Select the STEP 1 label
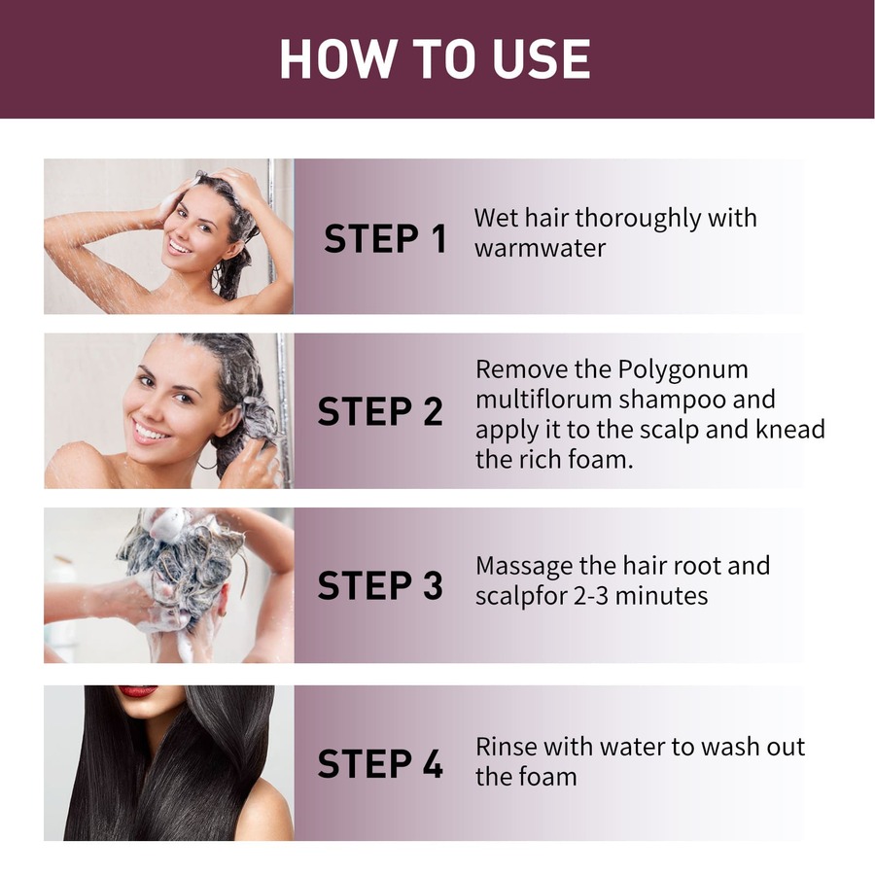tap(385, 238)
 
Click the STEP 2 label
tap(380, 411)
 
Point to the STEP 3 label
tap(380, 585)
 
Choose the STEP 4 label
tap(380, 763)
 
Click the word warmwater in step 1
tap(540, 248)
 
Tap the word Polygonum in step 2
tap(682, 370)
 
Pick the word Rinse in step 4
tap(506, 747)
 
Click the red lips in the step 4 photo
tap(137, 691)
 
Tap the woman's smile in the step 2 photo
tap(151, 429)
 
